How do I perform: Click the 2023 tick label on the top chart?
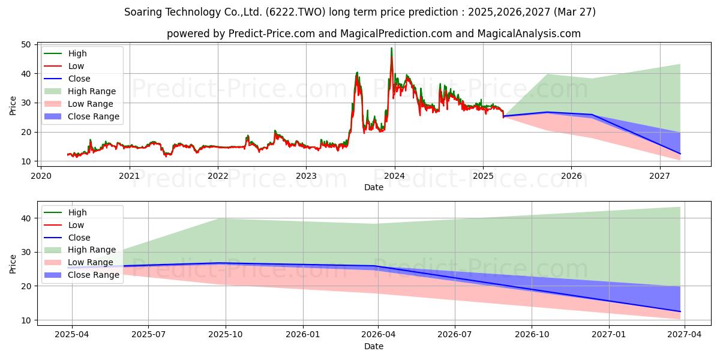point(306,176)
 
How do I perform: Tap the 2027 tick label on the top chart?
point(659,176)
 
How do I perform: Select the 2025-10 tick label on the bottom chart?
point(226,335)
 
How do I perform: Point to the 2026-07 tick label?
point(455,335)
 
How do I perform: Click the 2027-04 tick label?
point(685,335)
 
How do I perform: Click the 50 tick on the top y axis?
point(26,44)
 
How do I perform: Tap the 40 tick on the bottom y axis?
point(26,218)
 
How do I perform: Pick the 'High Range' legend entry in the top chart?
point(80,91)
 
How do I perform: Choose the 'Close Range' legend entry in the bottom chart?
point(82,275)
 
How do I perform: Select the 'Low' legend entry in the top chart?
point(64,66)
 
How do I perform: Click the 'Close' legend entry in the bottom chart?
point(67,238)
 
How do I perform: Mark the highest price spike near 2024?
point(391,48)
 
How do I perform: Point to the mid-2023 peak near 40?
point(357,73)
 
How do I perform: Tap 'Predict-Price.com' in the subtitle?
point(272,34)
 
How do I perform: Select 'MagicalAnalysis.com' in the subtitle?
point(529,34)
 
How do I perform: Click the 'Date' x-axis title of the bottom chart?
point(374,346)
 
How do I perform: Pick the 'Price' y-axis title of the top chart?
point(13,106)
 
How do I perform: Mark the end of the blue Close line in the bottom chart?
point(680,311)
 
